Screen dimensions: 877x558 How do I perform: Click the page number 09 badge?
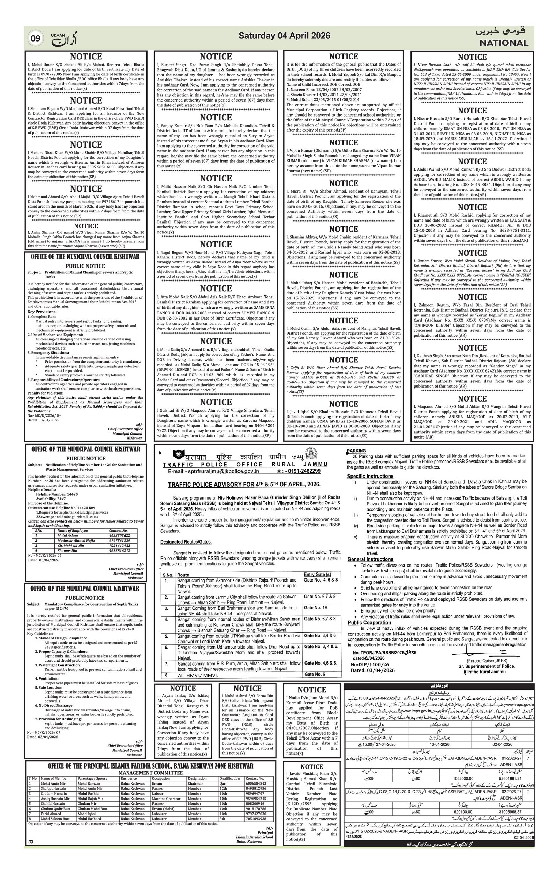(36, 38)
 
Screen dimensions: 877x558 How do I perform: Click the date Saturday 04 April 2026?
(284, 36)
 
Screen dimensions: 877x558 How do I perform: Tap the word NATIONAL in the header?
(503, 43)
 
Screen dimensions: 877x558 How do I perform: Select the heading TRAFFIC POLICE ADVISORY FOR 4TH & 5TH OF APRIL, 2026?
(244, 485)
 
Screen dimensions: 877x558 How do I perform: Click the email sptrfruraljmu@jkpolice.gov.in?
(214, 471)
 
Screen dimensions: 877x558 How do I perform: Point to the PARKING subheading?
(356, 451)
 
